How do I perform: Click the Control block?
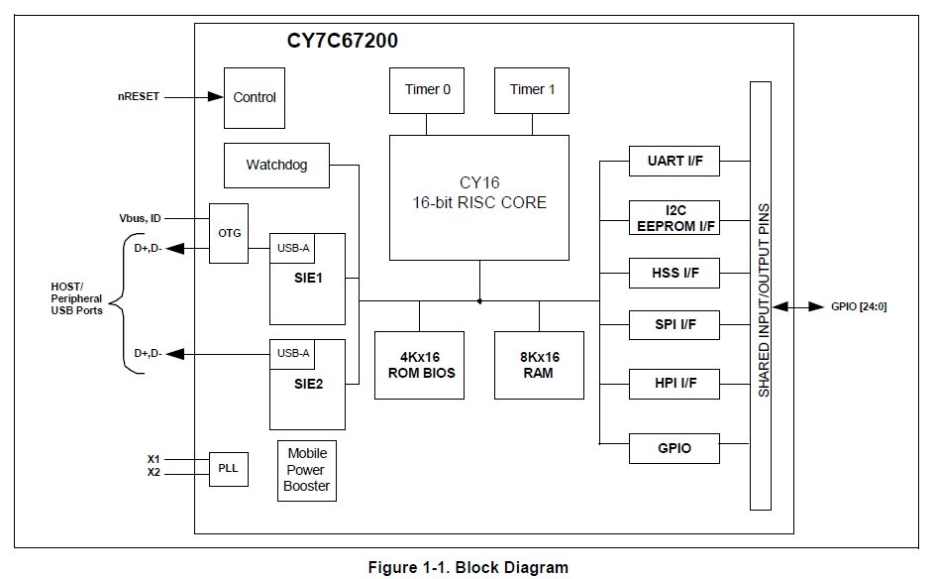255,97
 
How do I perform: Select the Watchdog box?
276,165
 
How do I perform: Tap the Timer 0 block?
428,90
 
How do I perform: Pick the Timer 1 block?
533,90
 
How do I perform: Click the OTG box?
229,233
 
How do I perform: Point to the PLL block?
229,467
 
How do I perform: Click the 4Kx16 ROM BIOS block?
419,365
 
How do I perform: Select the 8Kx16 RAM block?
539,365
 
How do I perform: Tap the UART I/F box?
674,161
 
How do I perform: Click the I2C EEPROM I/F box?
674,217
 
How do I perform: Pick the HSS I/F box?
674,273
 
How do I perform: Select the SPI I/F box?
674,324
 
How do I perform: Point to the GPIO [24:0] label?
859,306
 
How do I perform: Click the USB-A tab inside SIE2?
293,353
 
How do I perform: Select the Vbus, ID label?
140,218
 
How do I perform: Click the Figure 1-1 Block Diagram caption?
468,567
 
